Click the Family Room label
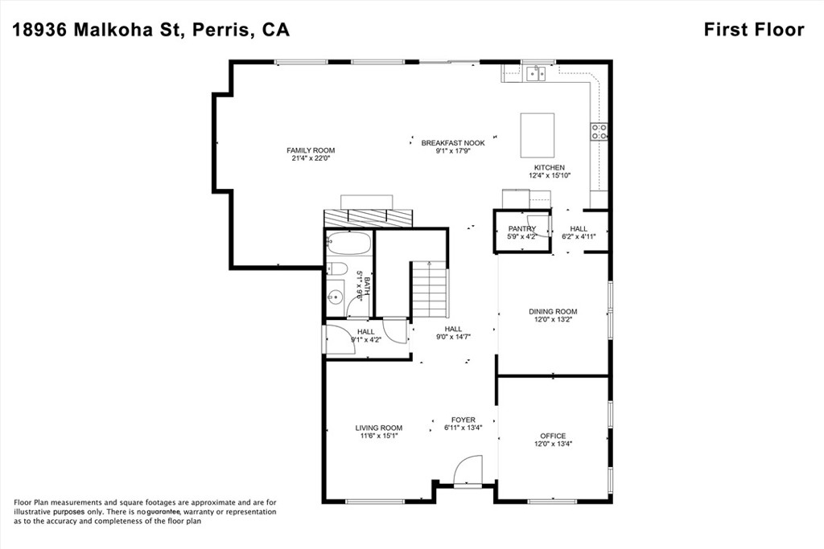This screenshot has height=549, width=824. [x=311, y=150]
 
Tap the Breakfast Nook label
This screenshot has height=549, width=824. [x=453, y=142]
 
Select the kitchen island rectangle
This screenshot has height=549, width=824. [x=538, y=135]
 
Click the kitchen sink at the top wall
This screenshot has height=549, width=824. [x=535, y=74]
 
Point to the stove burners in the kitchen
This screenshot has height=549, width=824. [x=599, y=131]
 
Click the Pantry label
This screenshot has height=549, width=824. [x=521, y=229]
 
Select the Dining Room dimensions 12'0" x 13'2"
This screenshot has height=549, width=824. [x=553, y=320]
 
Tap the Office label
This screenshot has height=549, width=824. [x=553, y=436]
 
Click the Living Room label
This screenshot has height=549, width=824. [x=379, y=428]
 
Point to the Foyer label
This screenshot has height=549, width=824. [x=463, y=420]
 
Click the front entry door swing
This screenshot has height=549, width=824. [x=468, y=471]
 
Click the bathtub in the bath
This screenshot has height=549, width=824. [x=348, y=243]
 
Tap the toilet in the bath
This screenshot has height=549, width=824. [x=338, y=269]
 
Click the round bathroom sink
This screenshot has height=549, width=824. [x=336, y=297]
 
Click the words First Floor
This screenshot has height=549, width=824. [x=753, y=30]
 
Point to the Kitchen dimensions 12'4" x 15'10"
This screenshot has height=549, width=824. [x=550, y=175]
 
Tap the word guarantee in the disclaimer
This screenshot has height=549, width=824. [x=164, y=511]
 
